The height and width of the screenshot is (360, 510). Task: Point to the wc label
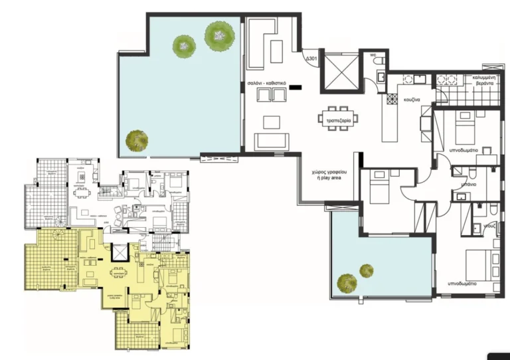click(375, 54)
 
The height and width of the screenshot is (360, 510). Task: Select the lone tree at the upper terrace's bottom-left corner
click(137, 139)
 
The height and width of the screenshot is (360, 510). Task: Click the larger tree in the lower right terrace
click(346, 282)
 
